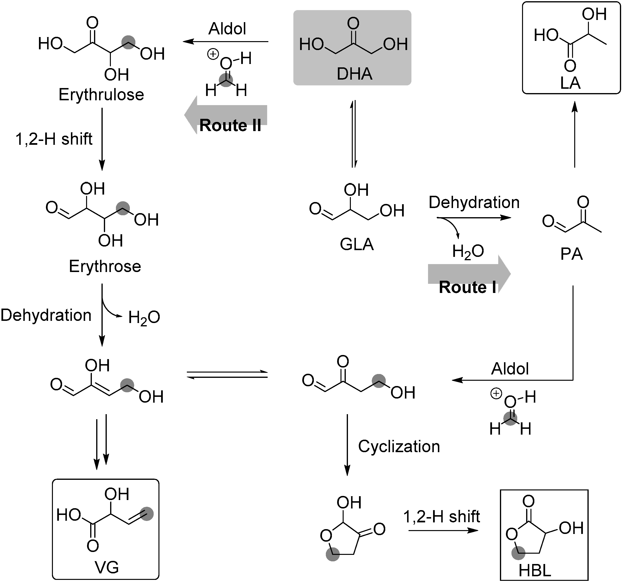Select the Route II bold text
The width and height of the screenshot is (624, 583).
[x=230, y=126]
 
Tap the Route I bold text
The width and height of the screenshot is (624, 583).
[x=467, y=287]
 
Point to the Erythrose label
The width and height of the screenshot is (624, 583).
[x=105, y=266]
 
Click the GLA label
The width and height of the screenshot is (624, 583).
[x=357, y=244]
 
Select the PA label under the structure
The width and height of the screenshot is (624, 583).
[x=571, y=254]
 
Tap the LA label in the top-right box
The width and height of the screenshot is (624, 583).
[x=570, y=83]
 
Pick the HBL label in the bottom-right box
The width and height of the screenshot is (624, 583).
[x=535, y=570]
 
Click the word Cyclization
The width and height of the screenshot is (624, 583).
[x=399, y=446]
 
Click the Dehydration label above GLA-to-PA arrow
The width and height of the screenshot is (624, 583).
[x=474, y=203]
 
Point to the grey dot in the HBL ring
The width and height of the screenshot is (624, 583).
[x=518, y=553]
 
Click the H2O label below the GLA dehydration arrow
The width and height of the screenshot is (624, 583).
[x=468, y=252]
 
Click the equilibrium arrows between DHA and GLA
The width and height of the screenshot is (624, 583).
[x=354, y=134]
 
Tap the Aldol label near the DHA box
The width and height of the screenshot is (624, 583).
[x=227, y=29]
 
